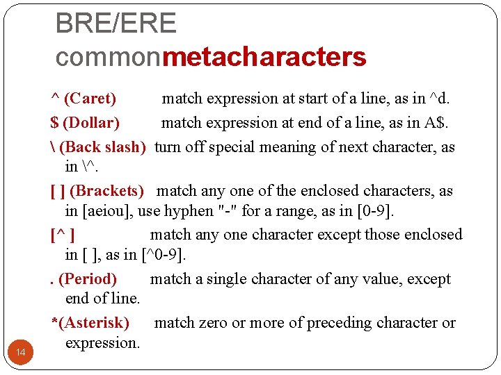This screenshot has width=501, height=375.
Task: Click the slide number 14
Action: [20, 353]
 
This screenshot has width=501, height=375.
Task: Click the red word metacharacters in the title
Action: [264, 57]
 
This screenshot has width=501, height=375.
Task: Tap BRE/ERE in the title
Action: [116, 24]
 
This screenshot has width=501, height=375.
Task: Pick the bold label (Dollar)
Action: [91, 124]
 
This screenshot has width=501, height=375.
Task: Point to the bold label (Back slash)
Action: [103, 147]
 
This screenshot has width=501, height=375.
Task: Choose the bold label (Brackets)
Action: [107, 191]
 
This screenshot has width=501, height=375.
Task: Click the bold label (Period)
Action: [88, 279]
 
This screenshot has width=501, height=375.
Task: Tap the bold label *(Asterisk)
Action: [90, 323]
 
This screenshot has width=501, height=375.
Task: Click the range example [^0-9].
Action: [164, 255]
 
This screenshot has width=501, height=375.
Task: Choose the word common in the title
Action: [108, 57]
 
